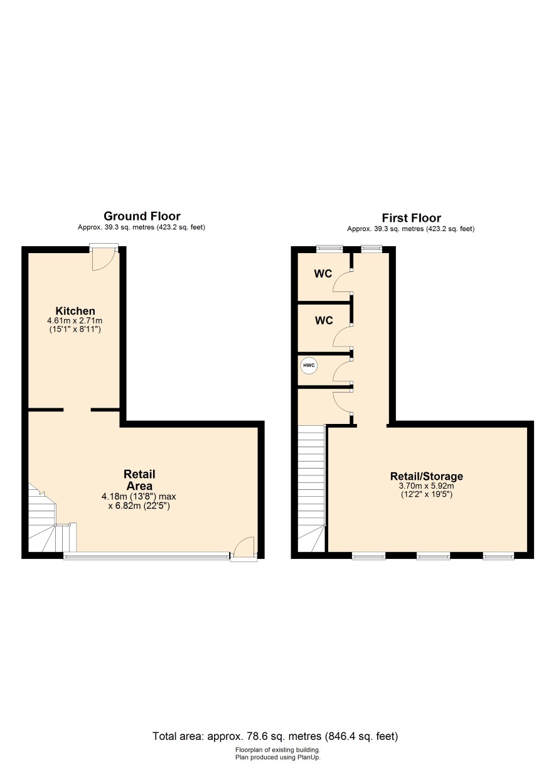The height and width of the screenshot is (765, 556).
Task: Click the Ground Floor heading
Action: [142, 216]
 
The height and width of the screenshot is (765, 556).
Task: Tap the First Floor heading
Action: [411, 218]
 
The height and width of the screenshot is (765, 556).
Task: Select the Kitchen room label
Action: [75, 311]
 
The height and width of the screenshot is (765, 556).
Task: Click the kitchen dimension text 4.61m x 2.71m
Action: [75, 321]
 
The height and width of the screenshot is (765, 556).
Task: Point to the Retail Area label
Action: [139, 480]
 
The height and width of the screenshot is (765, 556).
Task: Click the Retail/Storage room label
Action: [427, 476]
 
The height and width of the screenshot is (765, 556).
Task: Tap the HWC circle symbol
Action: [309, 366]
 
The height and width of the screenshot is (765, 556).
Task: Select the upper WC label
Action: [323, 274]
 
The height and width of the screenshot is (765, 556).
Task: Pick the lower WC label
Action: [324, 320]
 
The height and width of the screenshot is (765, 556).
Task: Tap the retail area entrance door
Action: [244, 548]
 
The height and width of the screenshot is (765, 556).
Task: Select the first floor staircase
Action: [311, 489]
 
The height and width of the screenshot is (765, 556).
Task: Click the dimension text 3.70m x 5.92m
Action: [427, 486]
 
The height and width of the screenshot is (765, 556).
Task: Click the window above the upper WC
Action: [329, 249]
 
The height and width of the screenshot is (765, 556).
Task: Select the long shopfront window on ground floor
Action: [146, 556]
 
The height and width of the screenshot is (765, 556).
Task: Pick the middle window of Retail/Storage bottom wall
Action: [433, 556]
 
